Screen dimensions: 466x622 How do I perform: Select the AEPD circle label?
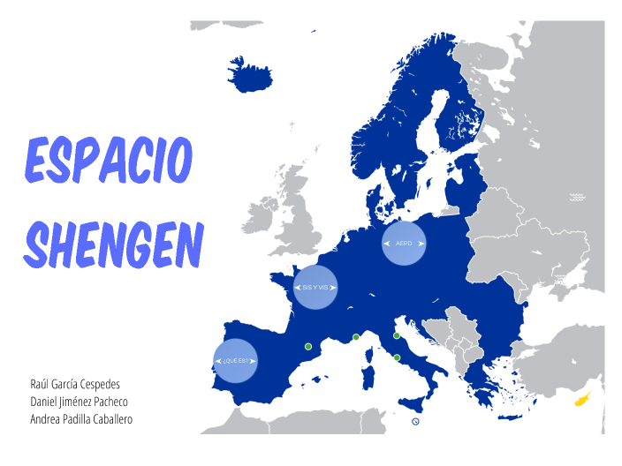click(404, 243)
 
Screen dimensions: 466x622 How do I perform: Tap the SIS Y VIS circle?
click(315, 288)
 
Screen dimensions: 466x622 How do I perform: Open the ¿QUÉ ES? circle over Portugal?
click(236, 361)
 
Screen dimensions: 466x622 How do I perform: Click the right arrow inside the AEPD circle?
click(421, 243)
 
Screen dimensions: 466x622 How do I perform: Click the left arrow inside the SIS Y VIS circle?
click(297, 288)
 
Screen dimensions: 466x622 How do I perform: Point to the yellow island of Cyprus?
click(583, 399)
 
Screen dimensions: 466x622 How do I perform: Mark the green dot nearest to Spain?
click(308, 347)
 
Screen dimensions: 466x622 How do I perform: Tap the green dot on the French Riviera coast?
click(355, 337)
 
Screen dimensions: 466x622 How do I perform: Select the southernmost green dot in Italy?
click(397, 357)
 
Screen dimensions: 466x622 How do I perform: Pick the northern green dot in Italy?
click(397, 335)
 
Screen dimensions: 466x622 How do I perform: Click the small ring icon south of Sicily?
click(415, 422)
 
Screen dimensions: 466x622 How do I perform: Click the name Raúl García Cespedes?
click(75, 384)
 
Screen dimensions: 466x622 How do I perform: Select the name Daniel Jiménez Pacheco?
click(80, 402)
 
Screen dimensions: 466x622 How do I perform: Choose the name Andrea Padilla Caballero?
click(81, 419)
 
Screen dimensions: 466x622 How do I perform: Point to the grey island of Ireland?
click(261, 214)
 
